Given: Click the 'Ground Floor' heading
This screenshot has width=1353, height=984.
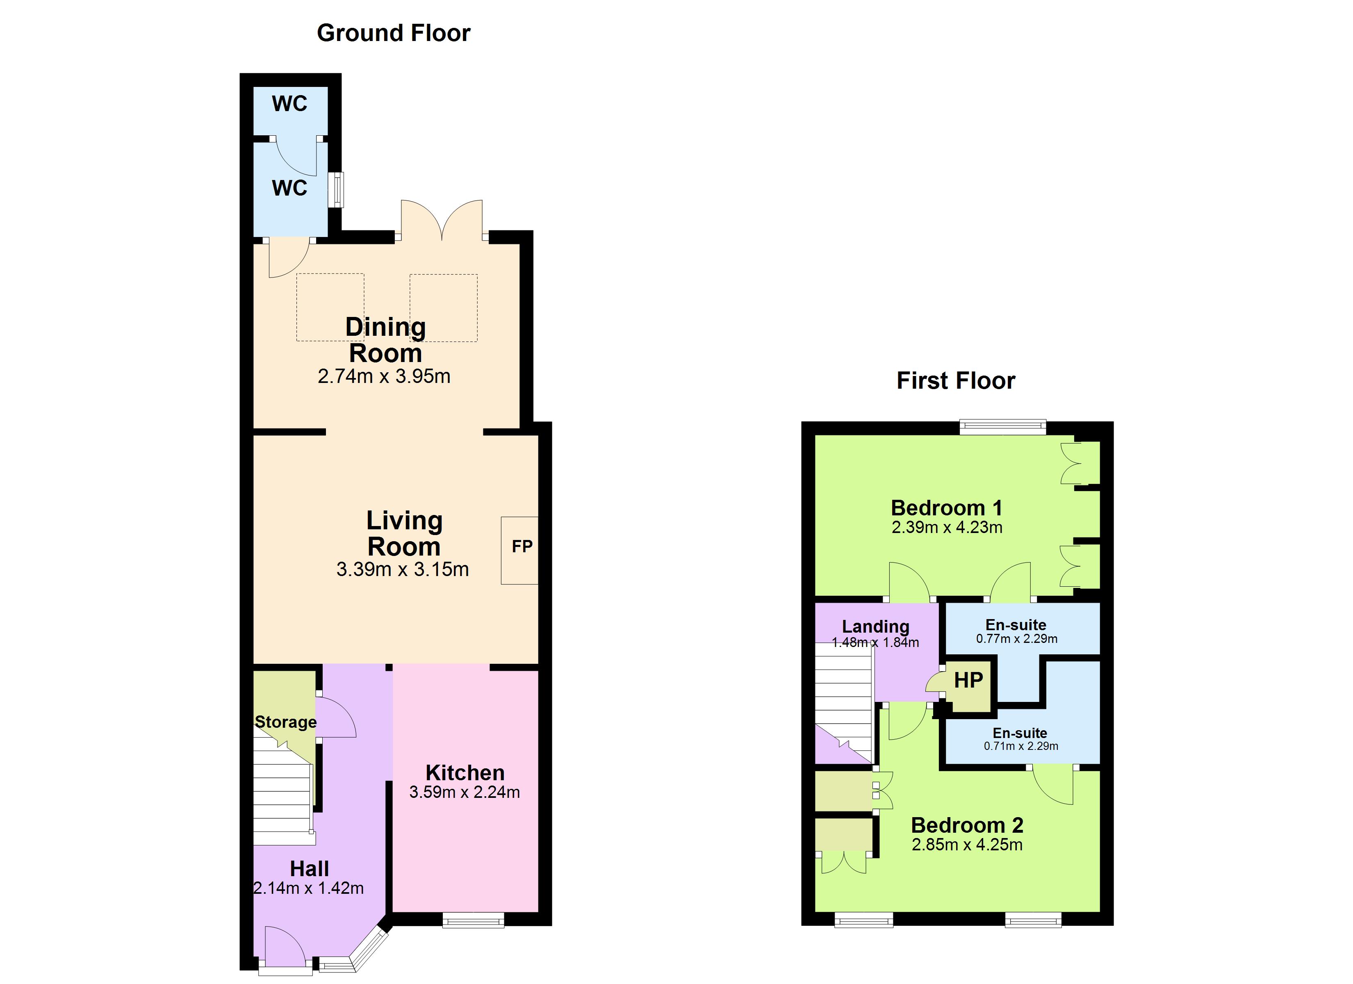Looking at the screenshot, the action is pos(394,33).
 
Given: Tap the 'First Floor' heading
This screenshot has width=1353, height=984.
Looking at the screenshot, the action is pos(956,381).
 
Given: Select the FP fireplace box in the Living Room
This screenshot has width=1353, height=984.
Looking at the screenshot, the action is pos(519,550).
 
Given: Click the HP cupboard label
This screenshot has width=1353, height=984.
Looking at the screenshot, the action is pos(968,680).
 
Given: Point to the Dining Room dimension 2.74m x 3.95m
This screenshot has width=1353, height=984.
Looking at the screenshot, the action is pos(384,376).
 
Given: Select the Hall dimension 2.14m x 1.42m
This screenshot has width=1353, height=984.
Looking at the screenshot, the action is pos(308,888).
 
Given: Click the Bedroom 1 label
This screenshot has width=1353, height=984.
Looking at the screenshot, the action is pos(947,508).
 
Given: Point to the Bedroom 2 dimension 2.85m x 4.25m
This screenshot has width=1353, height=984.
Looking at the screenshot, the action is pos(967,844).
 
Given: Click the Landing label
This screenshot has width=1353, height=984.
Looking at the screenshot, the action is pos(876,626).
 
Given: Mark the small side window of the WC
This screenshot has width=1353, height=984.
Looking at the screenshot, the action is pos(338,190).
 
